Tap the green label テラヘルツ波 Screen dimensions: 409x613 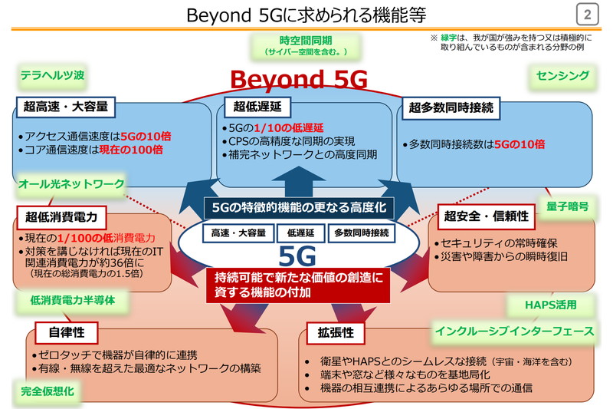[52, 75]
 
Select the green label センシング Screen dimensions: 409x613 [562, 75]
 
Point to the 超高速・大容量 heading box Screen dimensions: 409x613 [66, 105]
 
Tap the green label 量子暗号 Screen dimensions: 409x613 [568, 206]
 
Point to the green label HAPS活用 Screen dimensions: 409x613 [550, 305]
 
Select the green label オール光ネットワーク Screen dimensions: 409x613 [71, 183]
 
